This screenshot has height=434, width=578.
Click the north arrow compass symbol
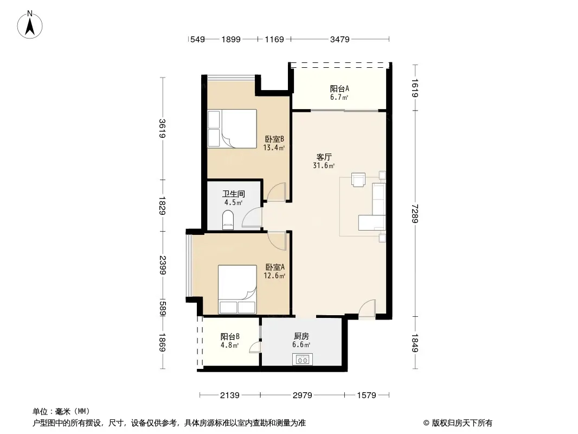[x=30, y=25]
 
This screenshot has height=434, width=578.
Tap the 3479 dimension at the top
[x=339, y=39]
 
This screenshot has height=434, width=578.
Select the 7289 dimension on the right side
[x=415, y=214]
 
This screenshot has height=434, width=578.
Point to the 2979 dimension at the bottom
[x=302, y=395]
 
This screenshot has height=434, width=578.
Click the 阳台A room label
[x=339, y=89]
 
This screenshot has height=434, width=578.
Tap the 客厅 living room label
[x=324, y=157]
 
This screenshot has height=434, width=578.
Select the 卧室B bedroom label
[x=274, y=139]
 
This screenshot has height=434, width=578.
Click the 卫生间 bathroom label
[x=234, y=194]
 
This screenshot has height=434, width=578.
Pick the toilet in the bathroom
[x=228, y=220]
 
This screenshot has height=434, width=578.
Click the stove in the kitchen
[x=302, y=359]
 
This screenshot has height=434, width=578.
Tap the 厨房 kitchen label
[x=301, y=336]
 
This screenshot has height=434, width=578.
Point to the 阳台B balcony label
[x=230, y=337]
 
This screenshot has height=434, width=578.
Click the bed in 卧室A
[x=237, y=290]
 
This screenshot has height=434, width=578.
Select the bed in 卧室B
[x=232, y=129]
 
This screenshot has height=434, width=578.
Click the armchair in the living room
[x=358, y=180]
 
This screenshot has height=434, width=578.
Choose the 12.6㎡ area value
[x=274, y=276]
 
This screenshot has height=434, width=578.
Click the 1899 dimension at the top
[x=231, y=39]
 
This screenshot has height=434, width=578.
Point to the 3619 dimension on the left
[x=162, y=129]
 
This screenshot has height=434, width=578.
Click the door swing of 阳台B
[x=255, y=347]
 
